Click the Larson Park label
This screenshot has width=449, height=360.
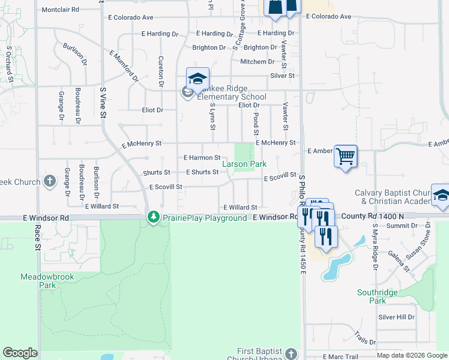pyautogui.click(x=244, y=164)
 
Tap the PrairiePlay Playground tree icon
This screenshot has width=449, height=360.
pyautogui.click(x=154, y=217)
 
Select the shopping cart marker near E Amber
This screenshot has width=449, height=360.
pyautogui.click(x=345, y=157)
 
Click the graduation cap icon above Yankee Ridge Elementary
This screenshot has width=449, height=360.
pyautogui.click(x=197, y=79)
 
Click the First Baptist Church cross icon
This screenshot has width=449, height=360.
pyautogui.click(x=291, y=353)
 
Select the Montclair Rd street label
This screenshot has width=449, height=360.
pyautogui.click(x=61, y=10)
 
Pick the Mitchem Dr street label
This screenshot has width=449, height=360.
pyautogui.click(x=258, y=62)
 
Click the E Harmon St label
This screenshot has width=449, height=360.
pyautogui.click(x=202, y=158)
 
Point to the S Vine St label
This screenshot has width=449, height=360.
pyautogui.click(x=103, y=102)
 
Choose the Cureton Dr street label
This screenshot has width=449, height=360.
pyautogui.click(x=161, y=71)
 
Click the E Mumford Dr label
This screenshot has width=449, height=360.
pyautogui.click(x=124, y=66)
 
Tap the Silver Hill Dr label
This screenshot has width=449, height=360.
pyautogui.click(x=396, y=317)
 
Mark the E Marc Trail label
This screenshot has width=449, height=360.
pyautogui.click(x=340, y=356)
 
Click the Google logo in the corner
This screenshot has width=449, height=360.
pyautogui.click(x=20, y=353)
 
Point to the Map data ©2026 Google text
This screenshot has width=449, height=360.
pyautogui.click(x=412, y=356)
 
